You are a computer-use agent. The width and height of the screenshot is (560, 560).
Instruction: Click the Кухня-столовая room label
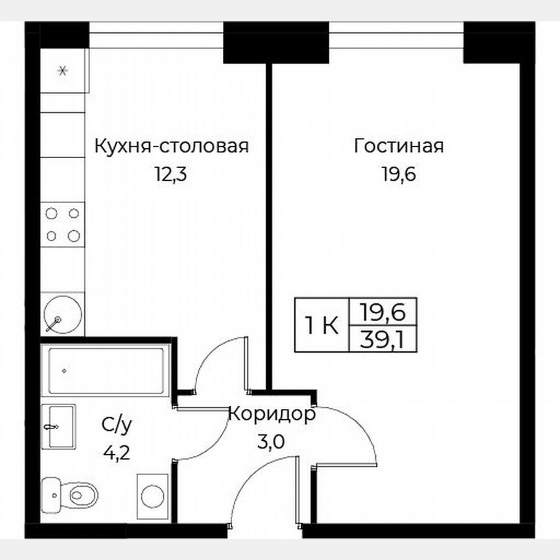pyautogui.click(x=172, y=146)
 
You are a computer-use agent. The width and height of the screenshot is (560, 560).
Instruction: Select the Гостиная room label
pyautogui.click(x=399, y=146)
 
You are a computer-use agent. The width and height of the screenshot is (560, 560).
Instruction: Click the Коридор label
pyautogui.click(x=273, y=414)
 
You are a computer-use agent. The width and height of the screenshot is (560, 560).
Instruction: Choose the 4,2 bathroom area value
pyautogui.click(x=117, y=452)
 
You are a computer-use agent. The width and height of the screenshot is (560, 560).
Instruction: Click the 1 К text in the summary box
pyautogui.click(x=321, y=325)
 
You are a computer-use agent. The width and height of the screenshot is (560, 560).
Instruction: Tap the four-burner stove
pyautogui.click(x=63, y=224)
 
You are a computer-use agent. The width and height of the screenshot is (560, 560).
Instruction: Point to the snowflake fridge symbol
pyautogui.click(x=63, y=71)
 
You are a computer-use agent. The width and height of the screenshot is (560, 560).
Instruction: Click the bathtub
pyautogui.click(x=104, y=371)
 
